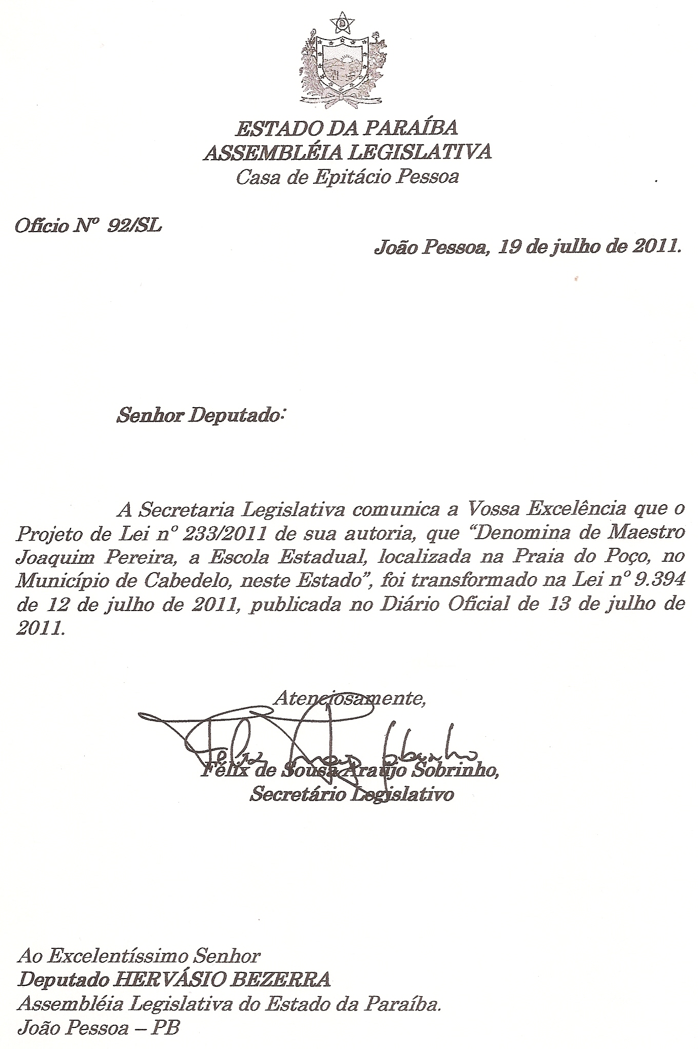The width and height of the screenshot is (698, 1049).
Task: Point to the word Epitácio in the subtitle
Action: (x=349, y=178)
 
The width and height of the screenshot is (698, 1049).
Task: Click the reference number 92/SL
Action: (x=134, y=225)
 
